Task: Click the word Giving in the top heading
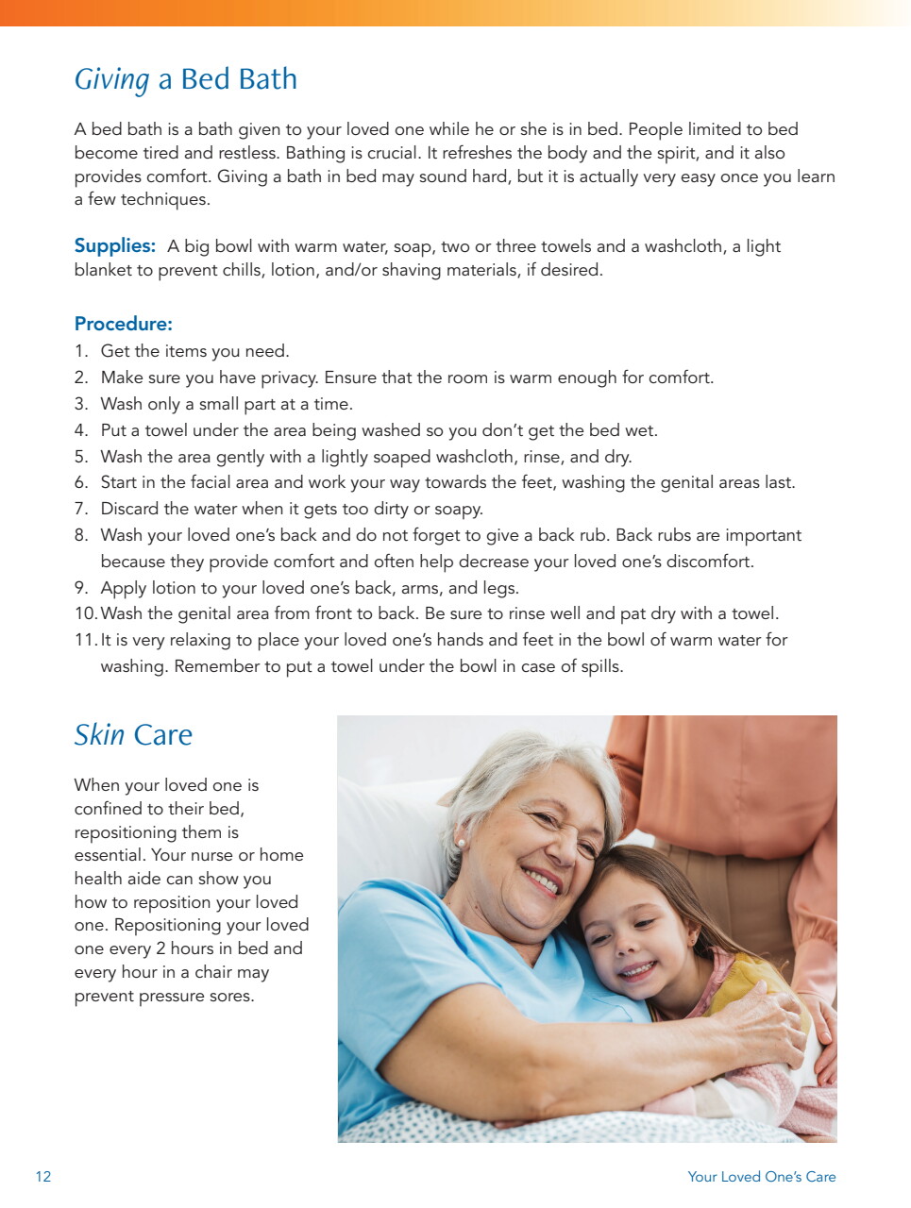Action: pyautogui.click(x=111, y=80)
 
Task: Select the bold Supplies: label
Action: pyautogui.click(x=114, y=246)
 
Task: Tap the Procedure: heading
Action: pyautogui.click(x=123, y=324)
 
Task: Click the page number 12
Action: pyautogui.click(x=43, y=1176)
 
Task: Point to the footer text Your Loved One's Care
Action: pyautogui.click(x=761, y=1176)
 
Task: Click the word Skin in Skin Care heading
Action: pyautogui.click(x=99, y=735)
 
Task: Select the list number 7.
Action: pyautogui.click(x=80, y=509)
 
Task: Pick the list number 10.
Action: pyautogui.click(x=85, y=613)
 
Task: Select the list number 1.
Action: pyautogui.click(x=80, y=351)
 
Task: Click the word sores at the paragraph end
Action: pyautogui.click(x=229, y=996)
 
